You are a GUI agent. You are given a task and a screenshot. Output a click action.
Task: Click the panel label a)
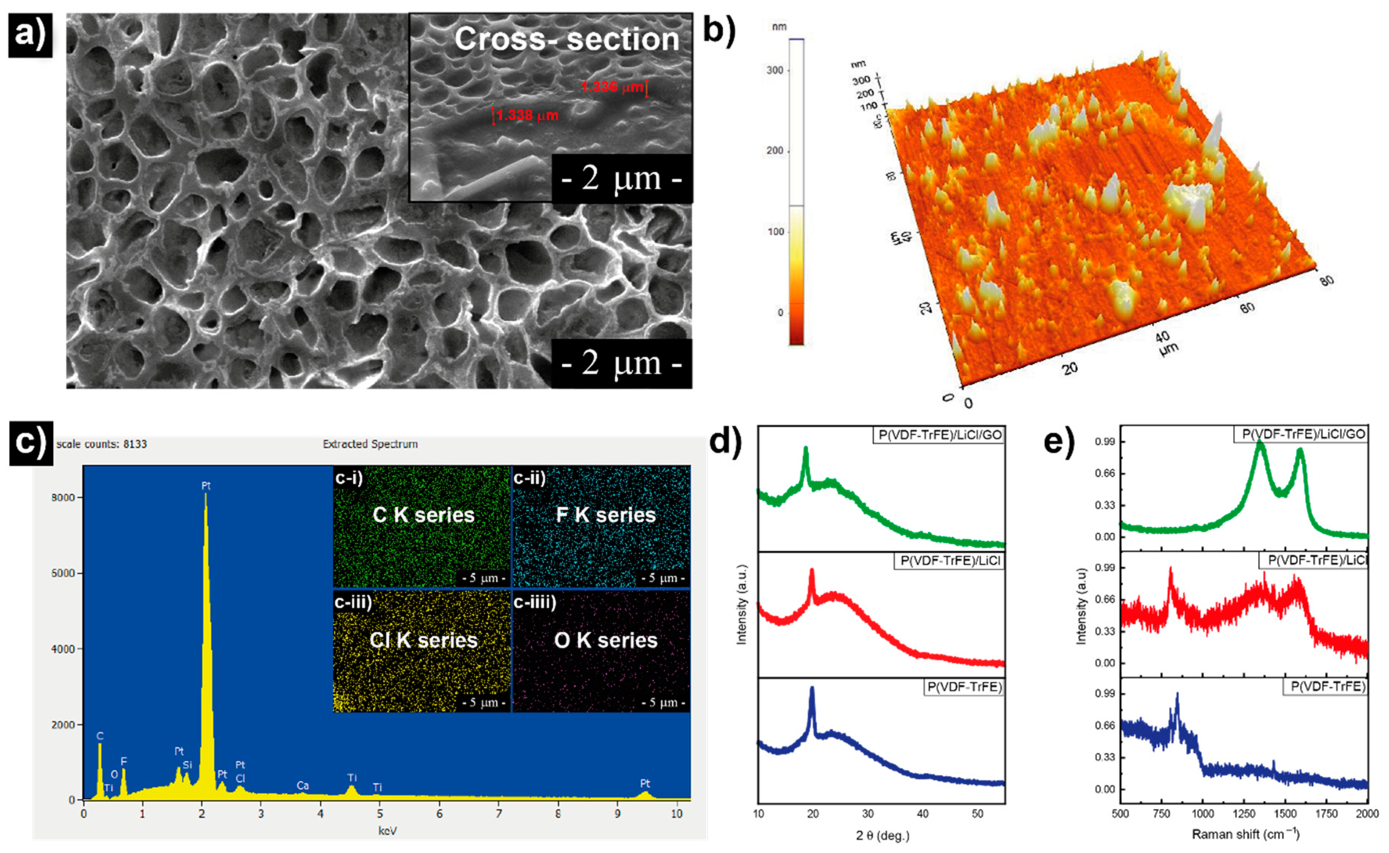point(30,35)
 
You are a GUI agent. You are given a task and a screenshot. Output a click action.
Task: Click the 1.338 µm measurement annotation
point(527,116)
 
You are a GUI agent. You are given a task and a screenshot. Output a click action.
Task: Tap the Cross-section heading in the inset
point(567,40)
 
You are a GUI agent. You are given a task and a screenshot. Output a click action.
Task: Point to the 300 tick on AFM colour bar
point(775,70)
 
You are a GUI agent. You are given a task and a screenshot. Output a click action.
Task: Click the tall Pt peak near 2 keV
point(206,496)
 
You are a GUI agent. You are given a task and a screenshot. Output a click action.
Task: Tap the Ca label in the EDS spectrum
point(303,785)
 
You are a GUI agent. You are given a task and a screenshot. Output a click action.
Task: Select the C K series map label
point(423,515)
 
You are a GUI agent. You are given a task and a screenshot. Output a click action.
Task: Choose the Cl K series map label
point(423,640)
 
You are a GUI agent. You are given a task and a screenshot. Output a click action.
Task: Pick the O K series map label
point(605,640)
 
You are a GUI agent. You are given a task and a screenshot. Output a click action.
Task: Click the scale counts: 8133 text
point(102,444)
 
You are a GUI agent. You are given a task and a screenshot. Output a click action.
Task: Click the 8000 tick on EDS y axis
point(63,497)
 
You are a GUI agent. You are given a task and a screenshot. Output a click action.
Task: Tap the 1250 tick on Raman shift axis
point(1244,813)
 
